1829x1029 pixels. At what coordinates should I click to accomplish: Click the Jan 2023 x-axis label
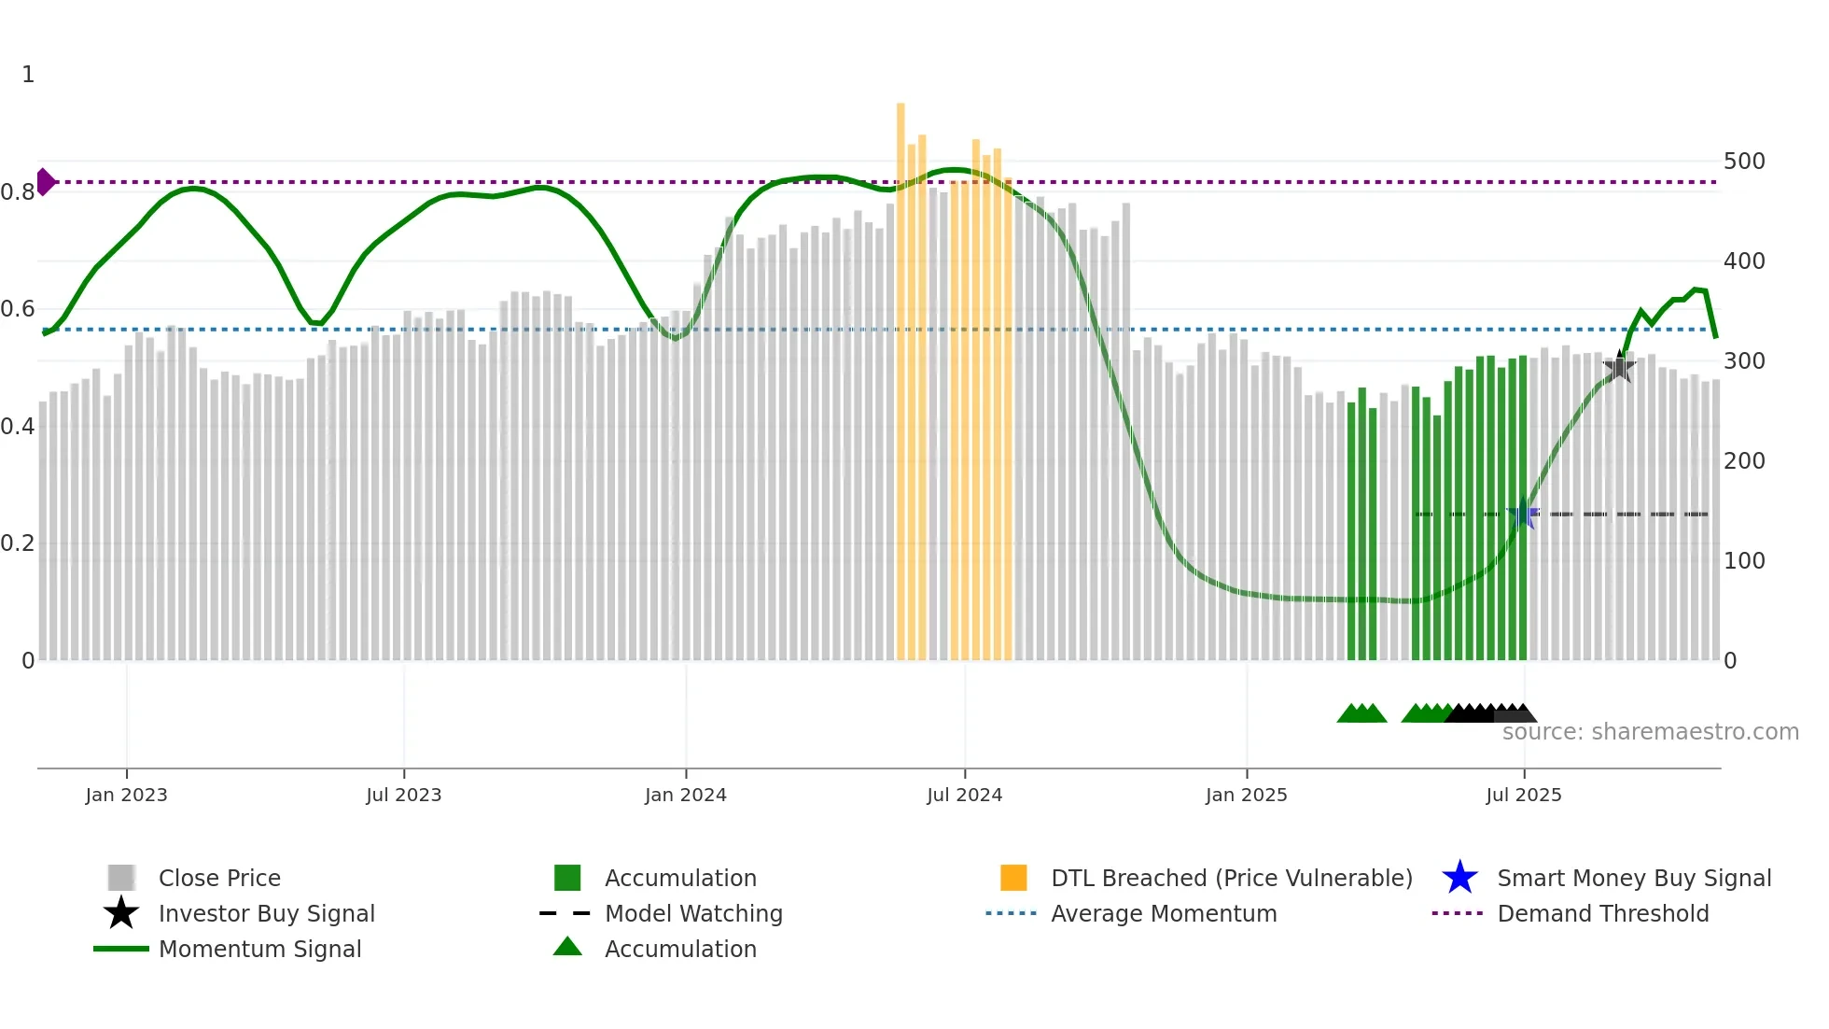[x=126, y=795]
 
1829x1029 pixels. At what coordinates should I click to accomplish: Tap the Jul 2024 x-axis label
[x=964, y=795]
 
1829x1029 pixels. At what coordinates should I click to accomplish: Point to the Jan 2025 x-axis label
[x=1246, y=795]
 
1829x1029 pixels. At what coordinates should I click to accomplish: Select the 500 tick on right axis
[x=1743, y=162]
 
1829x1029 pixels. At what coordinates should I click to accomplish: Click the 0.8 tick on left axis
[x=18, y=192]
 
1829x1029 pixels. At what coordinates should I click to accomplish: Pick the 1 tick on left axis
[x=28, y=75]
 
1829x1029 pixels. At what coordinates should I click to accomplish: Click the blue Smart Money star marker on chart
[x=1523, y=514]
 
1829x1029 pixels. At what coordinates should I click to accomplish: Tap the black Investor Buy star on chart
[x=1620, y=367]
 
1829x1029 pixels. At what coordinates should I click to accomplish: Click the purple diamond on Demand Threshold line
[x=45, y=182]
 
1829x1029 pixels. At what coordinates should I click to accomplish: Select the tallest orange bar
[x=901, y=374]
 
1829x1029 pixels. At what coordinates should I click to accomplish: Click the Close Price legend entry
[x=219, y=878]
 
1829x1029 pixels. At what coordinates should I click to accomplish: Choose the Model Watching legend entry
[x=692, y=913]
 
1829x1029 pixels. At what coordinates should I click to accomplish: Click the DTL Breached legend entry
[x=1231, y=878]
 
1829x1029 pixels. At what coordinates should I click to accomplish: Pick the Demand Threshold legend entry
[x=1602, y=913]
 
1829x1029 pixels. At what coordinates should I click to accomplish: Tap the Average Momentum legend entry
[x=1163, y=913]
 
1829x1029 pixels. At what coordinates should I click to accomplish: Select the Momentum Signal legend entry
[x=259, y=949]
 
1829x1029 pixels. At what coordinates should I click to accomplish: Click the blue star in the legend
[x=1459, y=878]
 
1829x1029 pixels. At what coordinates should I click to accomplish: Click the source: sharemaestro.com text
[x=1650, y=732]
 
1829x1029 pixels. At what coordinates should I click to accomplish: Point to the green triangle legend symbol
[x=567, y=947]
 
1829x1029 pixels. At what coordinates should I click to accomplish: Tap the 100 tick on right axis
[x=1743, y=561]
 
